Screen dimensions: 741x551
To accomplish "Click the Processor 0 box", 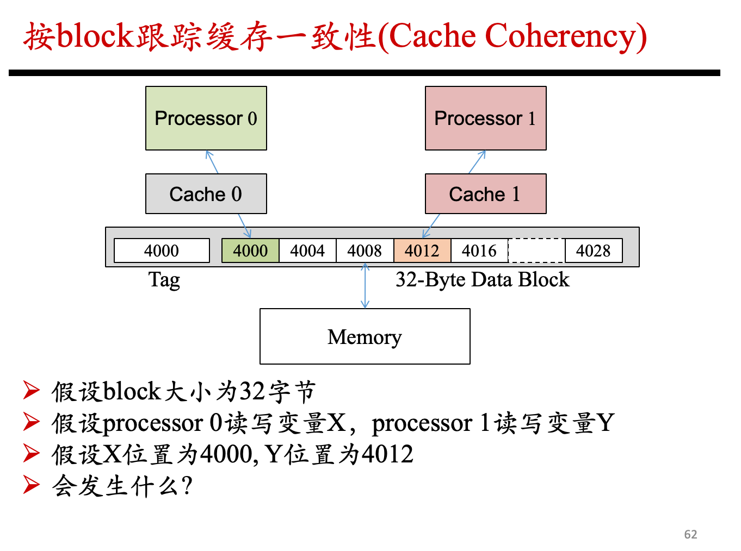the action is [206, 118].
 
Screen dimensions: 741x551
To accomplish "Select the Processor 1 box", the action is [485, 118].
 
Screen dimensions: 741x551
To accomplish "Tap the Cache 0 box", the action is [206, 193].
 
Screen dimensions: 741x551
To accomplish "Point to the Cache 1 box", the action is [485, 193].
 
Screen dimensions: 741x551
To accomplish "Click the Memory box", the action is [365, 336].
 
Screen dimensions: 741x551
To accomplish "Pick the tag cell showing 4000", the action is [162, 251].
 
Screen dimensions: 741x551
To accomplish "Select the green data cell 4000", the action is [250, 251].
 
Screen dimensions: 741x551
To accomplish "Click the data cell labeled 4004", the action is [307, 251].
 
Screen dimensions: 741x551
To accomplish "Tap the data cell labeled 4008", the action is [365, 251].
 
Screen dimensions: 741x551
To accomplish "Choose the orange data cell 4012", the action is [422, 251].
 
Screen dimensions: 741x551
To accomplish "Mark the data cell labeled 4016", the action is [479, 251].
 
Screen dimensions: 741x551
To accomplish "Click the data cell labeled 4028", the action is [594, 251].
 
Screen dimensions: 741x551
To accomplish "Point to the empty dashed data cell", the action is [536, 251].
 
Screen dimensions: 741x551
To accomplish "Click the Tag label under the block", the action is [164, 280].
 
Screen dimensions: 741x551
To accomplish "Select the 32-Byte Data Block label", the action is [483, 279].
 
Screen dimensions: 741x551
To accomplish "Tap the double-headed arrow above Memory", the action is [365, 286].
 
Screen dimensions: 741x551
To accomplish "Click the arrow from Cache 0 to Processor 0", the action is [212, 162].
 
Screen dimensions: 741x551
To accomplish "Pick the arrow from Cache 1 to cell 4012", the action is [431, 226].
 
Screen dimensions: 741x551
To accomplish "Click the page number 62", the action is [690, 534].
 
